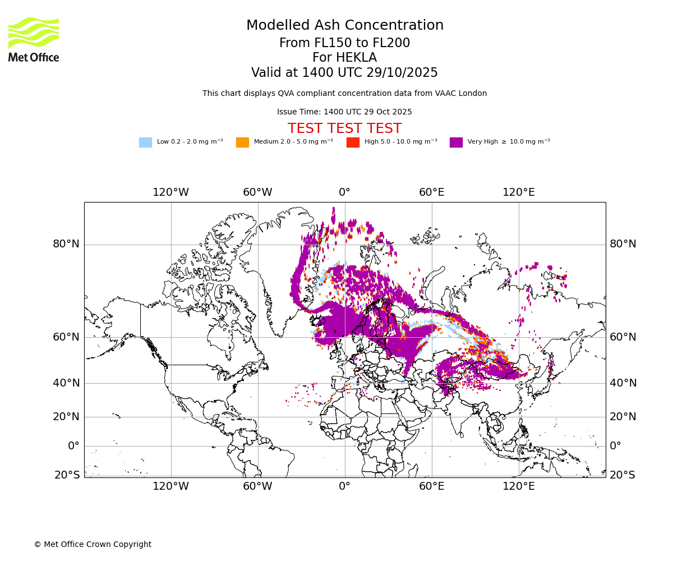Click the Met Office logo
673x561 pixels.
(x=34, y=39)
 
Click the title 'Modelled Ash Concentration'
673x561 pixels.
(x=344, y=26)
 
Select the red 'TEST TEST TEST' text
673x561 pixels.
(x=344, y=128)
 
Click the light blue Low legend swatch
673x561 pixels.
(x=145, y=142)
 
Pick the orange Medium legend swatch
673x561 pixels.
(x=242, y=142)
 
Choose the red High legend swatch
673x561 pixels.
(x=353, y=142)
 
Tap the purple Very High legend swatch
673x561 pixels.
(x=456, y=142)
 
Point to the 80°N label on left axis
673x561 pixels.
(x=66, y=244)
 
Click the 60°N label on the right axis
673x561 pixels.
(x=623, y=337)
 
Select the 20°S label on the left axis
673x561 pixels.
(x=67, y=475)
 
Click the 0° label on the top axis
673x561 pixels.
(x=344, y=192)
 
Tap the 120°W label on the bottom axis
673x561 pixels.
(x=171, y=486)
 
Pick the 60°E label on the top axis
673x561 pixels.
(x=431, y=192)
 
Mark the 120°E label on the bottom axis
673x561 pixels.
(x=518, y=486)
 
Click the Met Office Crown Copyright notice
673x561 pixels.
(x=93, y=544)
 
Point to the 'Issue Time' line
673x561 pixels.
(x=344, y=112)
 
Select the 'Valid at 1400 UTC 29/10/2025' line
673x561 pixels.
(x=344, y=73)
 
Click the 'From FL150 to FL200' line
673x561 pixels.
(x=344, y=43)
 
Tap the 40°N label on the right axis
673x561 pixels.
(x=623, y=383)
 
